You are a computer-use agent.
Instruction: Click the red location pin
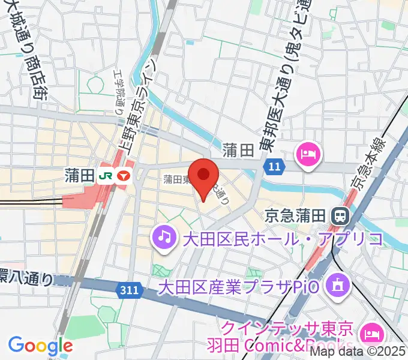coord(204,175)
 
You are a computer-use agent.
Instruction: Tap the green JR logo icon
coord(107,175)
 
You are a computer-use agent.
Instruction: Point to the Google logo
coord(40,346)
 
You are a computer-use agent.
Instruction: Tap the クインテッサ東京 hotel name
coord(287,329)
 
